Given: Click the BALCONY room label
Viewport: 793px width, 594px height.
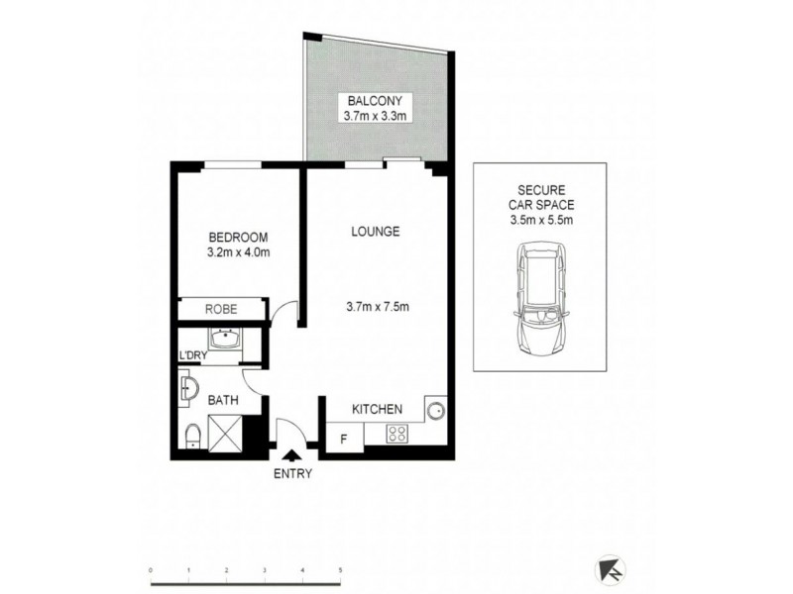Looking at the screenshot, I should [x=375, y=100].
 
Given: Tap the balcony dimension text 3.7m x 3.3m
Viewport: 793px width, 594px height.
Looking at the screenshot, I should [x=375, y=115].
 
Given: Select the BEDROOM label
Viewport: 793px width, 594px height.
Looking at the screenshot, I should [x=238, y=237].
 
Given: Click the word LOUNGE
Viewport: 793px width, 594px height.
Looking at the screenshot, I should [x=376, y=232].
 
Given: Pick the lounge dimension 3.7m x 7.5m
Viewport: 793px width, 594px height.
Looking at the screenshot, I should [x=376, y=305].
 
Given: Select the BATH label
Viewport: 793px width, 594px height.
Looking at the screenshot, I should [x=222, y=401].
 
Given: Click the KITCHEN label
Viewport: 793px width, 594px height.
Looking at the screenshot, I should [x=378, y=409].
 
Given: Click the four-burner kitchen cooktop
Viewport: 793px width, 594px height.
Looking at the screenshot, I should [x=397, y=433].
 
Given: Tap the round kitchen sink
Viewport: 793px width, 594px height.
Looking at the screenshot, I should [x=434, y=409].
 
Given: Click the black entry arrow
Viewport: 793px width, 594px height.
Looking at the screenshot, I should [x=292, y=455].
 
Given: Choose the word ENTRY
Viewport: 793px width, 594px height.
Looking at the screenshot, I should [x=292, y=473].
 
